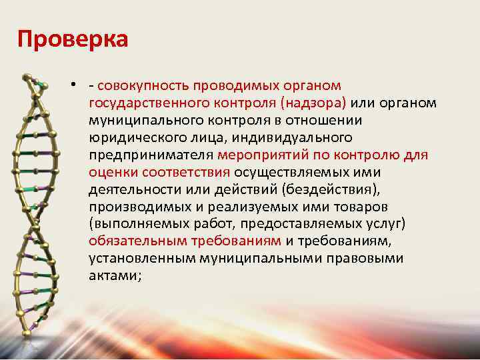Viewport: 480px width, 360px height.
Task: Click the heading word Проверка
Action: click(x=72, y=39)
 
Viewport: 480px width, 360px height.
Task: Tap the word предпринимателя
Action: click(x=151, y=155)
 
